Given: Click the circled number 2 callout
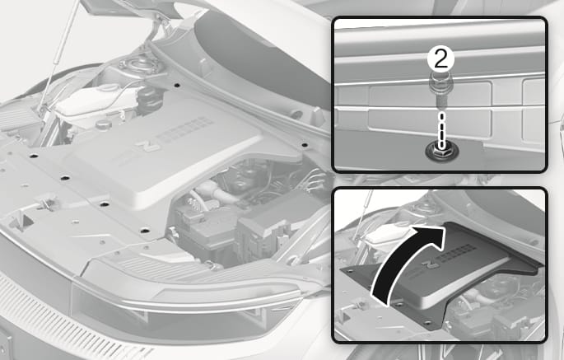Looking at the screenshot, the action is [440, 58].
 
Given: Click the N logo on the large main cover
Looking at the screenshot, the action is [147, 147].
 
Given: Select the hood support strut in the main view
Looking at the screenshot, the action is [59, 54].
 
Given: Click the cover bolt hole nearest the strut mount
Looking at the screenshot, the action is [176, 86].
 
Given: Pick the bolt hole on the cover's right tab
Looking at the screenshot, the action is [305, 145].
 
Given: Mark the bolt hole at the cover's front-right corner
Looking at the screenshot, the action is [145, 231].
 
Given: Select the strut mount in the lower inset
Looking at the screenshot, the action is [419, 208].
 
